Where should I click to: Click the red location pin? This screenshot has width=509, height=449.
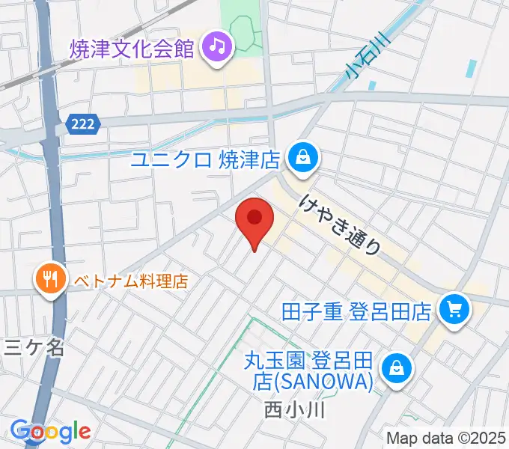tap(254, 221)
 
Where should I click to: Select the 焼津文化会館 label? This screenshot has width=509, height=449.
tap(133, 49)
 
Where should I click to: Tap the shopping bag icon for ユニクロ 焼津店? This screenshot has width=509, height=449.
tap(304, 159)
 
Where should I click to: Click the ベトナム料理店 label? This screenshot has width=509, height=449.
tap(130, 281)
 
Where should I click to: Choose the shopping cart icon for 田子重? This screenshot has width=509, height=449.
tap(454, 308)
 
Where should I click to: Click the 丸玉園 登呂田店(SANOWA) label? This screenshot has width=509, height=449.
tap(309, 371)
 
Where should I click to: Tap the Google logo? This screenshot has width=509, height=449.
tap(50, 431)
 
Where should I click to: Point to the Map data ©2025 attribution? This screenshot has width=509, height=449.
tap(446, 438)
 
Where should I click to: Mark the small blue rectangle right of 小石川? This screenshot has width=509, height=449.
tap(469, 68)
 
